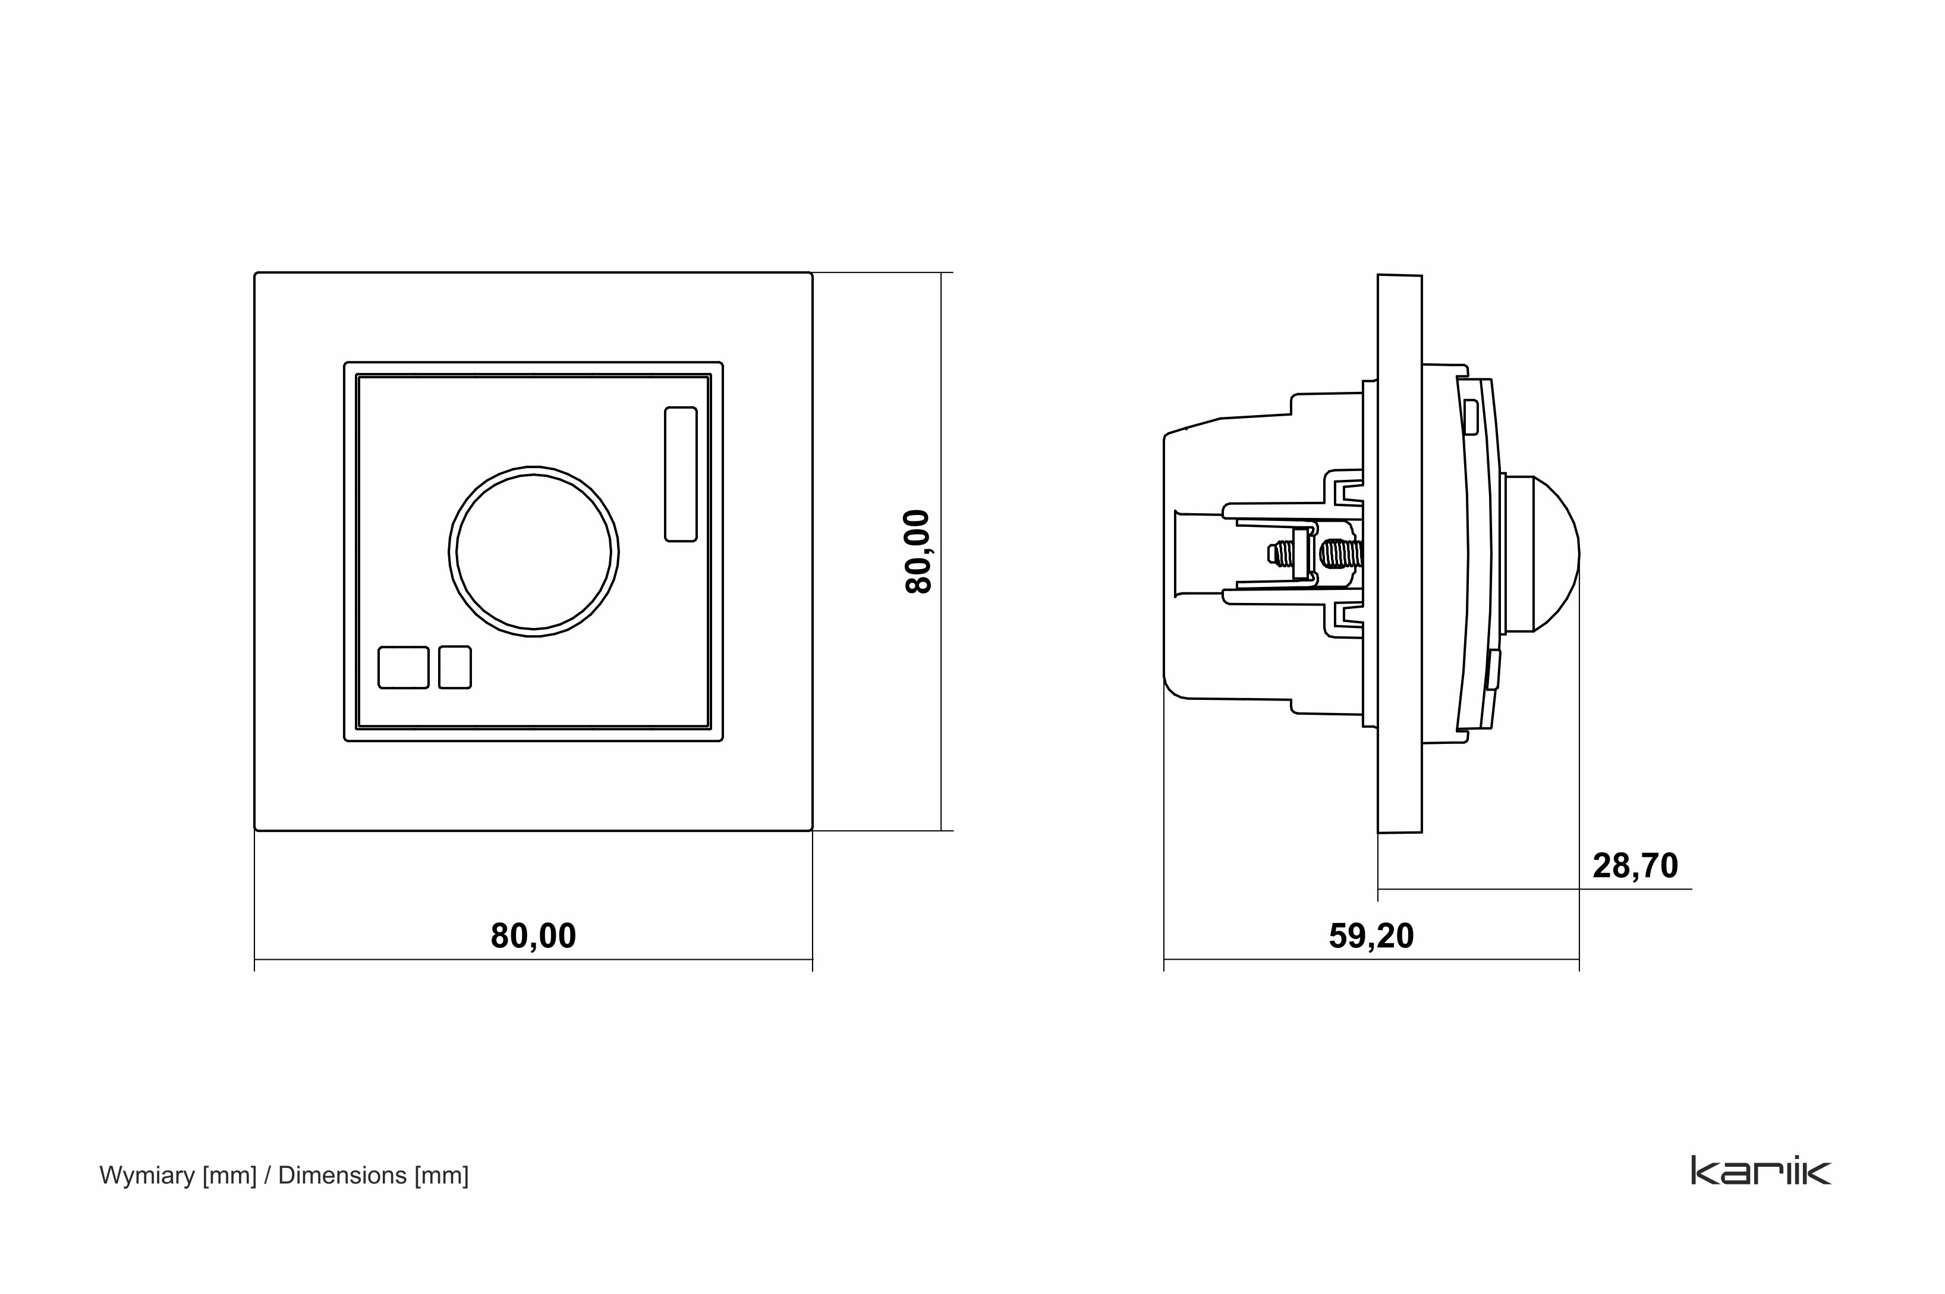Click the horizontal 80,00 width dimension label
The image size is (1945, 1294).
[533, 936]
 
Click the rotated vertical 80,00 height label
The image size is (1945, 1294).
[918, 551]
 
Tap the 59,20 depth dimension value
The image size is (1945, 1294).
[1371, 936]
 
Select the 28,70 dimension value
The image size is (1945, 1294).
[1635, 866]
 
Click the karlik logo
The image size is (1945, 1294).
[1760, 1170]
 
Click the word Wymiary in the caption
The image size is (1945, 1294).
[147, 1175]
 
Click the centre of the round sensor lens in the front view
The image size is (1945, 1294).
[534, 551]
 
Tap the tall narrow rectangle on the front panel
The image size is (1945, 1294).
[681, 474]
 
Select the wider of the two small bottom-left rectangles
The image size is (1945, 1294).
[404, 667]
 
